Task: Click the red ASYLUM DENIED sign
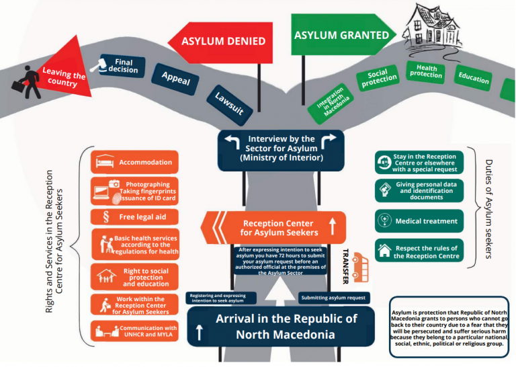click(x=224, y=42)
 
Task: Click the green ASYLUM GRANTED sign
click(x=341, y=36)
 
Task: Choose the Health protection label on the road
click(x=426, y=71)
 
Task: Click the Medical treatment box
click(x=420, y=220)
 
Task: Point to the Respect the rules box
click(x=420, y=252)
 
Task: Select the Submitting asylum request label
click(x=333, y=297)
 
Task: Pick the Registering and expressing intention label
click(x=222, y=297)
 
